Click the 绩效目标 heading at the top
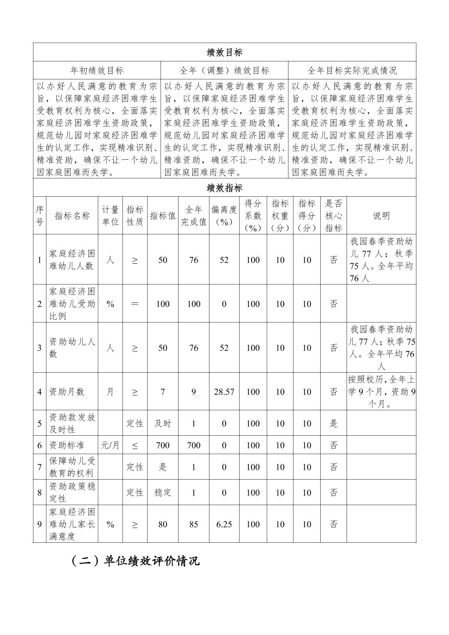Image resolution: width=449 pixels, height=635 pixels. coord(224,52)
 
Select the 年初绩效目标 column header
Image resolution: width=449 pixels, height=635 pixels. coord(97,70)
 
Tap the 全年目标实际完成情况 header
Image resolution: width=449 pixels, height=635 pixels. coord(352,70)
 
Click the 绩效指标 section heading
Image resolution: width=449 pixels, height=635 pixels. coord(224,188)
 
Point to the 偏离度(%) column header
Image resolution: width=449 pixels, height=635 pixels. coord(224,216)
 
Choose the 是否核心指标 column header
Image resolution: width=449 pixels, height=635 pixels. coord(334,216)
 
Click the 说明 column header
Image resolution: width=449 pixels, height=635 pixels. coord(381,216)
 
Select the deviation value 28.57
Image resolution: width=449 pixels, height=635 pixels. coord(224,392)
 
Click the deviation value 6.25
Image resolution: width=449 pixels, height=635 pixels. coord(224,524)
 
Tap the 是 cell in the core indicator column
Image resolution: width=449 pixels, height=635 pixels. coord(334,423)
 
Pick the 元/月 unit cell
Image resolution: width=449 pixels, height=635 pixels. coord(110,445)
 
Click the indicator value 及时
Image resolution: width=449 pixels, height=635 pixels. coord(163,423)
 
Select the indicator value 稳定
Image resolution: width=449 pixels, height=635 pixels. coord(163,493)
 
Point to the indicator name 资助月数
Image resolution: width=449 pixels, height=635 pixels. coord(67,392)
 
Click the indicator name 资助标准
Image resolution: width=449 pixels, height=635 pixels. coord(67,445)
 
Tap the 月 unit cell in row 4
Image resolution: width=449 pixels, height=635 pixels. coord(110,392)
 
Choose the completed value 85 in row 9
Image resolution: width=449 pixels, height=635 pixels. coord(194,524)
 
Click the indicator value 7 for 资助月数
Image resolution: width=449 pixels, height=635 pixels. coord(163,392)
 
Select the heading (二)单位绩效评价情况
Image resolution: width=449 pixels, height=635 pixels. coord(135,561)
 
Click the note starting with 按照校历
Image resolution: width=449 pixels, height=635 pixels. coord(381,392)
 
